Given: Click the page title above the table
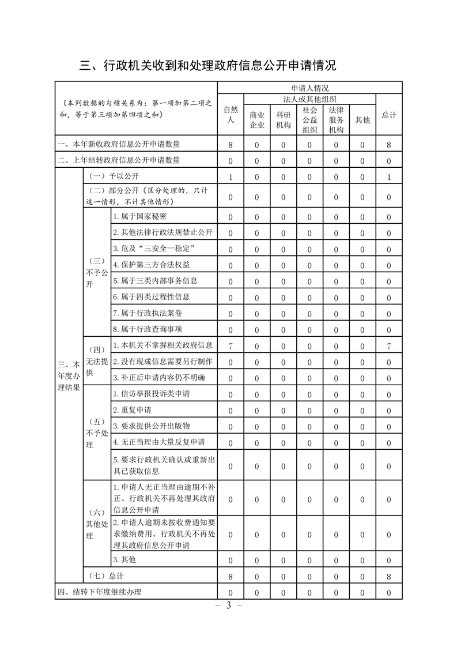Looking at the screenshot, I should click(x=207, y=66).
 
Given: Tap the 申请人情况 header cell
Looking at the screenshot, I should click(x=309, y=88).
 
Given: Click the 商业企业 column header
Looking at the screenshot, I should click(x=256, y=120).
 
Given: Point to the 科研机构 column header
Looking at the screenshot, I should click(x=283, y=120).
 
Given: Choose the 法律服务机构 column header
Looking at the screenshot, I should click(x=336, y=120).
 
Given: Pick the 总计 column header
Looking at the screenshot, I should click(x=389, y=115).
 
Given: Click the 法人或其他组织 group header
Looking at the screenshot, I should click(x=309, y=99).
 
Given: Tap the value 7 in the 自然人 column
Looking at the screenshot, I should click(x=231, y=346).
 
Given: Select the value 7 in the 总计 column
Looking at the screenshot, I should click(x=389, y=346).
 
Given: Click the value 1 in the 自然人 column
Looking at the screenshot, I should click(x=231, y=177).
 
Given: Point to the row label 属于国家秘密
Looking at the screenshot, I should click(x=140, y=217).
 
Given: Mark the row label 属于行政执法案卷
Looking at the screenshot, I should click(x=148, y=313).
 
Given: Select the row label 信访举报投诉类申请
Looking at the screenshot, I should click(x=152, y=394).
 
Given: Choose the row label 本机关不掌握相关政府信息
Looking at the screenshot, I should click(x=163, y=345).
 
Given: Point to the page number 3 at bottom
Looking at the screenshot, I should click(x=228, y=605).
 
